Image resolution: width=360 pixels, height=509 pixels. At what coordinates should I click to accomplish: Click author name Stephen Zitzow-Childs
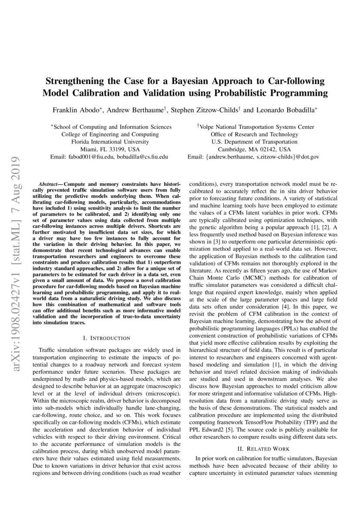204,111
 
